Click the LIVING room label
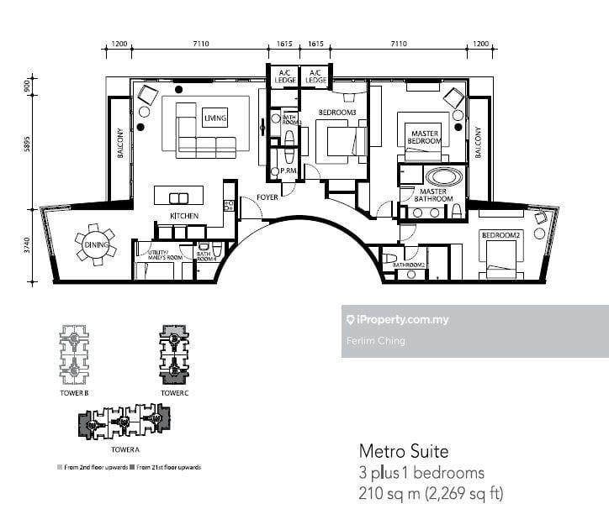point(214,120)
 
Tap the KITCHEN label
point(184,217)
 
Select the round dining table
point(93,247)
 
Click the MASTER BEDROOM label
point(424,137)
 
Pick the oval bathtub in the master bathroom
point(443,177)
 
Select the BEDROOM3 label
point(336,112)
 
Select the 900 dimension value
point(27,86)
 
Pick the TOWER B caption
point(74,392)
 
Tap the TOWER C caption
point(174,392)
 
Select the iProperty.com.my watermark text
point(403,320)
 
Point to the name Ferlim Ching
point(375,340)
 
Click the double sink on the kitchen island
point(178,198)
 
